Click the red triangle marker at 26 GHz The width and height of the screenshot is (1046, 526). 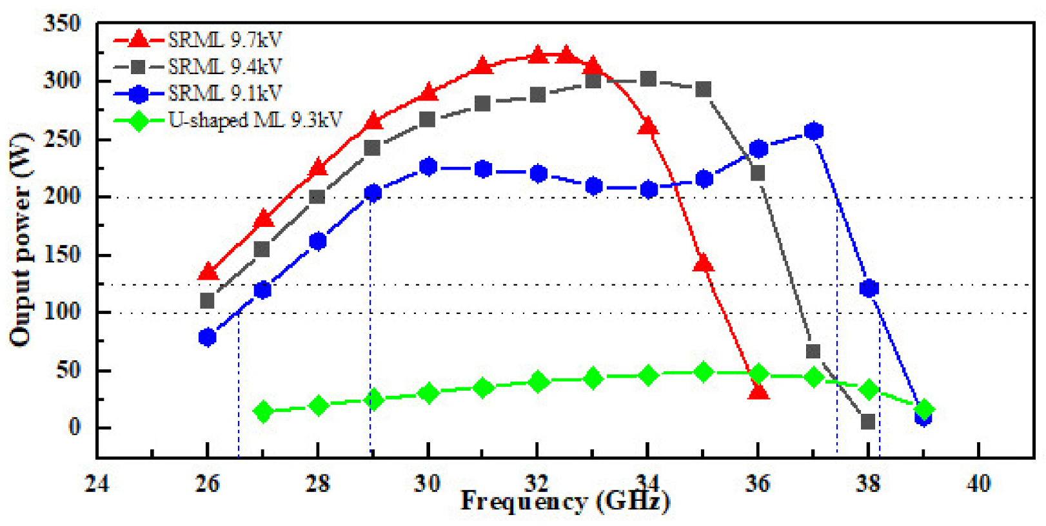click(x=207, y=272)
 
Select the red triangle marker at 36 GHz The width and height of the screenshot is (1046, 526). click(x=758, y=391)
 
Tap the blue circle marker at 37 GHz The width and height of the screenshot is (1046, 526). click(x=814, y=131)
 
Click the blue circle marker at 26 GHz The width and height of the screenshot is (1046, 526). click(x=207, y=337)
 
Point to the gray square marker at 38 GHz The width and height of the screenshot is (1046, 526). click(x=868, y=422)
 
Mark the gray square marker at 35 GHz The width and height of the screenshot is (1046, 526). click(x=704, y=90)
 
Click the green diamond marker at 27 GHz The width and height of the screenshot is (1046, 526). click(x=262, y=411)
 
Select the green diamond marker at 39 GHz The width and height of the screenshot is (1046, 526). click(x=923, y=409)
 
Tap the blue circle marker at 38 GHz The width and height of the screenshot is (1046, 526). click(x=869, y=288)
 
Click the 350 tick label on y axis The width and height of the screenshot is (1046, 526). click(x=62, y=24)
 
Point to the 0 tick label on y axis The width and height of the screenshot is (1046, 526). click(x=75, y=427)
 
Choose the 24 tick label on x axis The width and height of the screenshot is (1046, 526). click(x=97, y=483)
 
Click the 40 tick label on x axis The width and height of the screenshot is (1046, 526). click(x=978, y=483)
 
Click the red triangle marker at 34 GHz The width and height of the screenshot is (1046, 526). click(x=648, y=126)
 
